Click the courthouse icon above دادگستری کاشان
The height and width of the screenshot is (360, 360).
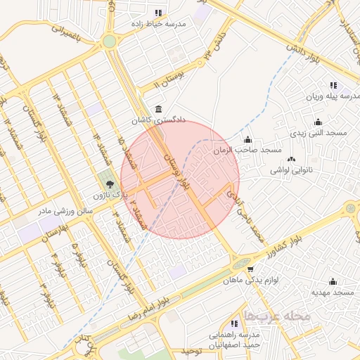(156, 110)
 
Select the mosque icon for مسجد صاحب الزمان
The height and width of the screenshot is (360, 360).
(247, 139)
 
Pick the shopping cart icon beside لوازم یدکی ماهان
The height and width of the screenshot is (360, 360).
(250, 269)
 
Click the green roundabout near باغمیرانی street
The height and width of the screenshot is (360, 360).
(109, 41)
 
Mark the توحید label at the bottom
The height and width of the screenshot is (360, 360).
(192, 350)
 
